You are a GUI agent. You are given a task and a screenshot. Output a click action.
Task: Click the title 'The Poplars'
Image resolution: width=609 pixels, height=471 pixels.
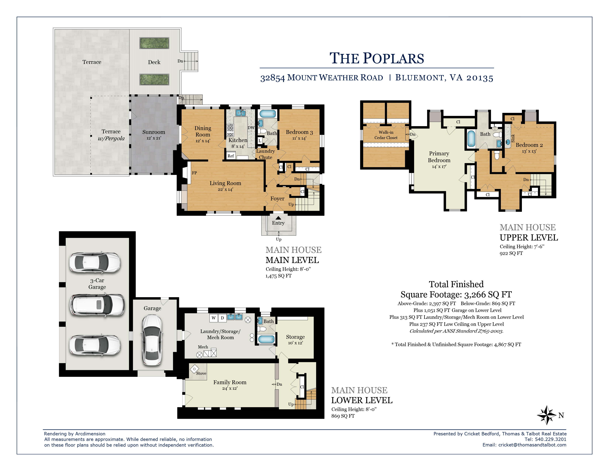[x=377, y=58]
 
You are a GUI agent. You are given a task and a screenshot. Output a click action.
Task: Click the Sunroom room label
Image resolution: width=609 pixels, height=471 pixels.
[x=154, y=132]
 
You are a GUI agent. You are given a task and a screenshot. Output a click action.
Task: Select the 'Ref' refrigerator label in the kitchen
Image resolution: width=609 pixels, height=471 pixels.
[x=231, y=156]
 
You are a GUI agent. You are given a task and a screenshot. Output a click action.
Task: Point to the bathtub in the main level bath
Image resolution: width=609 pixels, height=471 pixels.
[x=267, y=114]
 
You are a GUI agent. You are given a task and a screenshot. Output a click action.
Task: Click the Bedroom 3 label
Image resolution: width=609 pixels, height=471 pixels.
[x=299, y=132]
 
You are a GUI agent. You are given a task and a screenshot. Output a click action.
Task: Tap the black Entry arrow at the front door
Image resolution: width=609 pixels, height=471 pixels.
[x=278, y=218]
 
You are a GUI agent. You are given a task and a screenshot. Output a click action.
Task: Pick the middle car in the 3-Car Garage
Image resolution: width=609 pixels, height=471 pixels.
[x=97, y=305]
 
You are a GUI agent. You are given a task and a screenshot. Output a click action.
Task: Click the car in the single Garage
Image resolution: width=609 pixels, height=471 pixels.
[x=152, y=340]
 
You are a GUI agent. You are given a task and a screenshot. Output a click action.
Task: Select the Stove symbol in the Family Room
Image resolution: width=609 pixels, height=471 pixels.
[x=194, y=369]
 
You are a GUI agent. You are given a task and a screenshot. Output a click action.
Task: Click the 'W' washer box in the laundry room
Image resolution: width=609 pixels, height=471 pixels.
[x=214, y=318]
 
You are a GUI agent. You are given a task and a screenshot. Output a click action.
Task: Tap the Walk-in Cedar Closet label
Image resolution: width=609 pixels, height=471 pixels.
[x=386, y=135]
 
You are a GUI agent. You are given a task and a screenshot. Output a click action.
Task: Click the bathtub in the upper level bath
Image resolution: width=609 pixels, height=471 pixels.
[x=471, y=138]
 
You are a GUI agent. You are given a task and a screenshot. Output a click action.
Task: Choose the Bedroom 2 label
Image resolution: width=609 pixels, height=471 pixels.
[x=529, y=145]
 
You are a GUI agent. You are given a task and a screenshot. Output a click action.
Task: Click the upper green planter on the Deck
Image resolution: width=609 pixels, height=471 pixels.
[x=154, y=43]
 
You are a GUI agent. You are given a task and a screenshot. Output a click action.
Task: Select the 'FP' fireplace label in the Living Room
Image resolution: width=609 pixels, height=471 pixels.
[x=194, y=173]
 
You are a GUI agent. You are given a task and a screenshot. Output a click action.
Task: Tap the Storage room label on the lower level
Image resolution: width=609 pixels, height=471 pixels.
[x=295, y=337]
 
